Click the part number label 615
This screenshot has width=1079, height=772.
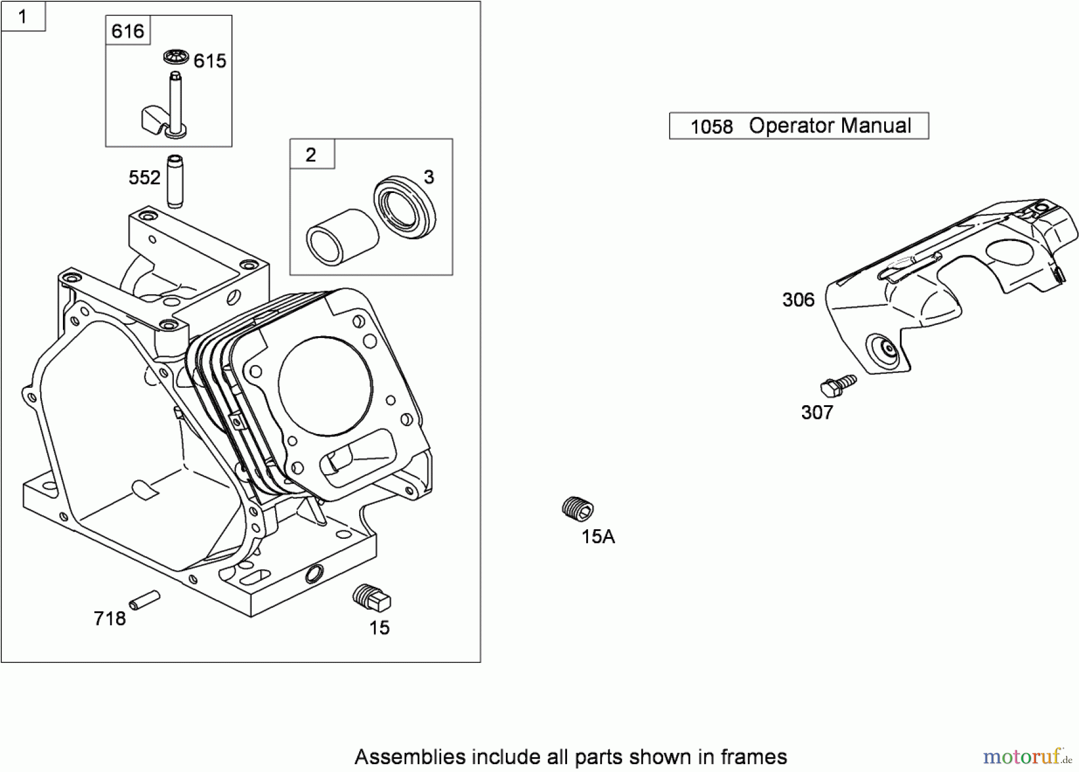(210, 61)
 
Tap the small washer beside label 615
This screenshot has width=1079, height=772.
(176, 57)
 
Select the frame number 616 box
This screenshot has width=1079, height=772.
(128, 31)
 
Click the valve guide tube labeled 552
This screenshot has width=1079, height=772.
(174, 182)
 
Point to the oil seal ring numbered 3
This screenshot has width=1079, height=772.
(405, 207)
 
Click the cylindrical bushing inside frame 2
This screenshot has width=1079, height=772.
(342, 237)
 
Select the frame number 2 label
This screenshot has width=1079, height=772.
(311, 155)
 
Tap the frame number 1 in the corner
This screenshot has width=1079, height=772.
(23, 16)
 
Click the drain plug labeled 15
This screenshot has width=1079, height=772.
(372, 597)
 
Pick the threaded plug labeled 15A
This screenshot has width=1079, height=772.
(578, 508)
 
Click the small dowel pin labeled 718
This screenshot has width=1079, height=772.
(144, 600)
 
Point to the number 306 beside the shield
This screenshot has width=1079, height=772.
(798, 300)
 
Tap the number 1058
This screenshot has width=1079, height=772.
(712, 127)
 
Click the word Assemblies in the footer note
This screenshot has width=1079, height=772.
(410, 757)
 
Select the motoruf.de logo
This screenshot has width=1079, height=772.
(1026, 757)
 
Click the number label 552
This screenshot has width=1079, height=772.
(144, 178)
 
